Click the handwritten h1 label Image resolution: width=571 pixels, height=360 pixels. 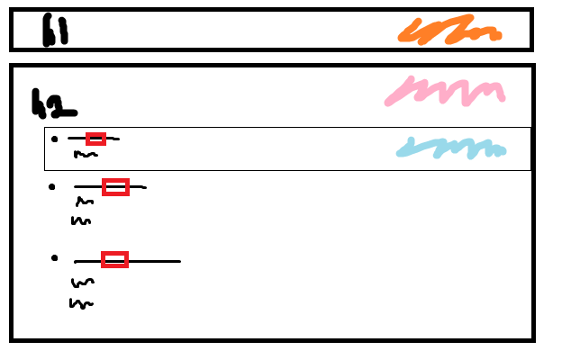coord(55,31)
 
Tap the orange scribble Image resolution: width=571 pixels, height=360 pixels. coord(449,31)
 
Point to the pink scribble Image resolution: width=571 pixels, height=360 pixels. coord(445,91)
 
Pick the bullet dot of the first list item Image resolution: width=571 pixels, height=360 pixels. coord(55,139)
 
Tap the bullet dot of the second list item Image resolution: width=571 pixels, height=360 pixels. coord(53,186)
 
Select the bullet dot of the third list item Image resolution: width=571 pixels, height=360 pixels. coord(55,258)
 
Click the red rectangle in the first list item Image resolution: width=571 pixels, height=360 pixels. coord(95,139)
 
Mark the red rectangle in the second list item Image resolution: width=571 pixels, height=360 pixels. coord(115,187)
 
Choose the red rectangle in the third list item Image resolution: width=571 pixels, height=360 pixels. coord(114,259)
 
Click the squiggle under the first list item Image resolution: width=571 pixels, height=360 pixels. coord(85,155)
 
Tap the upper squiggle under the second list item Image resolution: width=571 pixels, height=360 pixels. coord(85,202)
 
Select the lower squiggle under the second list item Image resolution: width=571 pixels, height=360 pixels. coord(81,220)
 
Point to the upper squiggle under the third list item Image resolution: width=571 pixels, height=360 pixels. coord(82,283)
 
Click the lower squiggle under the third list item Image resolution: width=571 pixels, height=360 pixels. coord(81,303)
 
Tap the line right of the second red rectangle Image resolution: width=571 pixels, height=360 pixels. coord(137,187)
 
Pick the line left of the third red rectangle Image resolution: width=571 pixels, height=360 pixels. coord(87,261)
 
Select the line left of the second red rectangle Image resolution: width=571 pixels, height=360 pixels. coord(88,187)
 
